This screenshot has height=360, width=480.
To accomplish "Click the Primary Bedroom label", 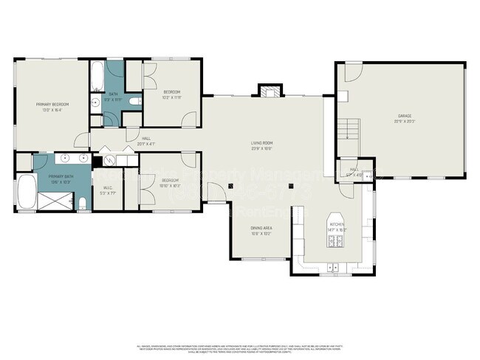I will click(49, 105).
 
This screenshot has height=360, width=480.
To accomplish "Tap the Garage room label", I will click(404, 116).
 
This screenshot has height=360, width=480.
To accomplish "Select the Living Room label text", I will click(262, 144).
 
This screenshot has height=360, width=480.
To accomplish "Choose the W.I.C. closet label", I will click(107, 187).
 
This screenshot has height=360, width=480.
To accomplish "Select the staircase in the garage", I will click(348, 130).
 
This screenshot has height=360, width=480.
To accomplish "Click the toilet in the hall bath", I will click(131, 101).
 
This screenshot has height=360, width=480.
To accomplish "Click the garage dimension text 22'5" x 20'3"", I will click(404, 122).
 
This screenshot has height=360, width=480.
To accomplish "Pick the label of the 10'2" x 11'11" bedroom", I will click(172, 92).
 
